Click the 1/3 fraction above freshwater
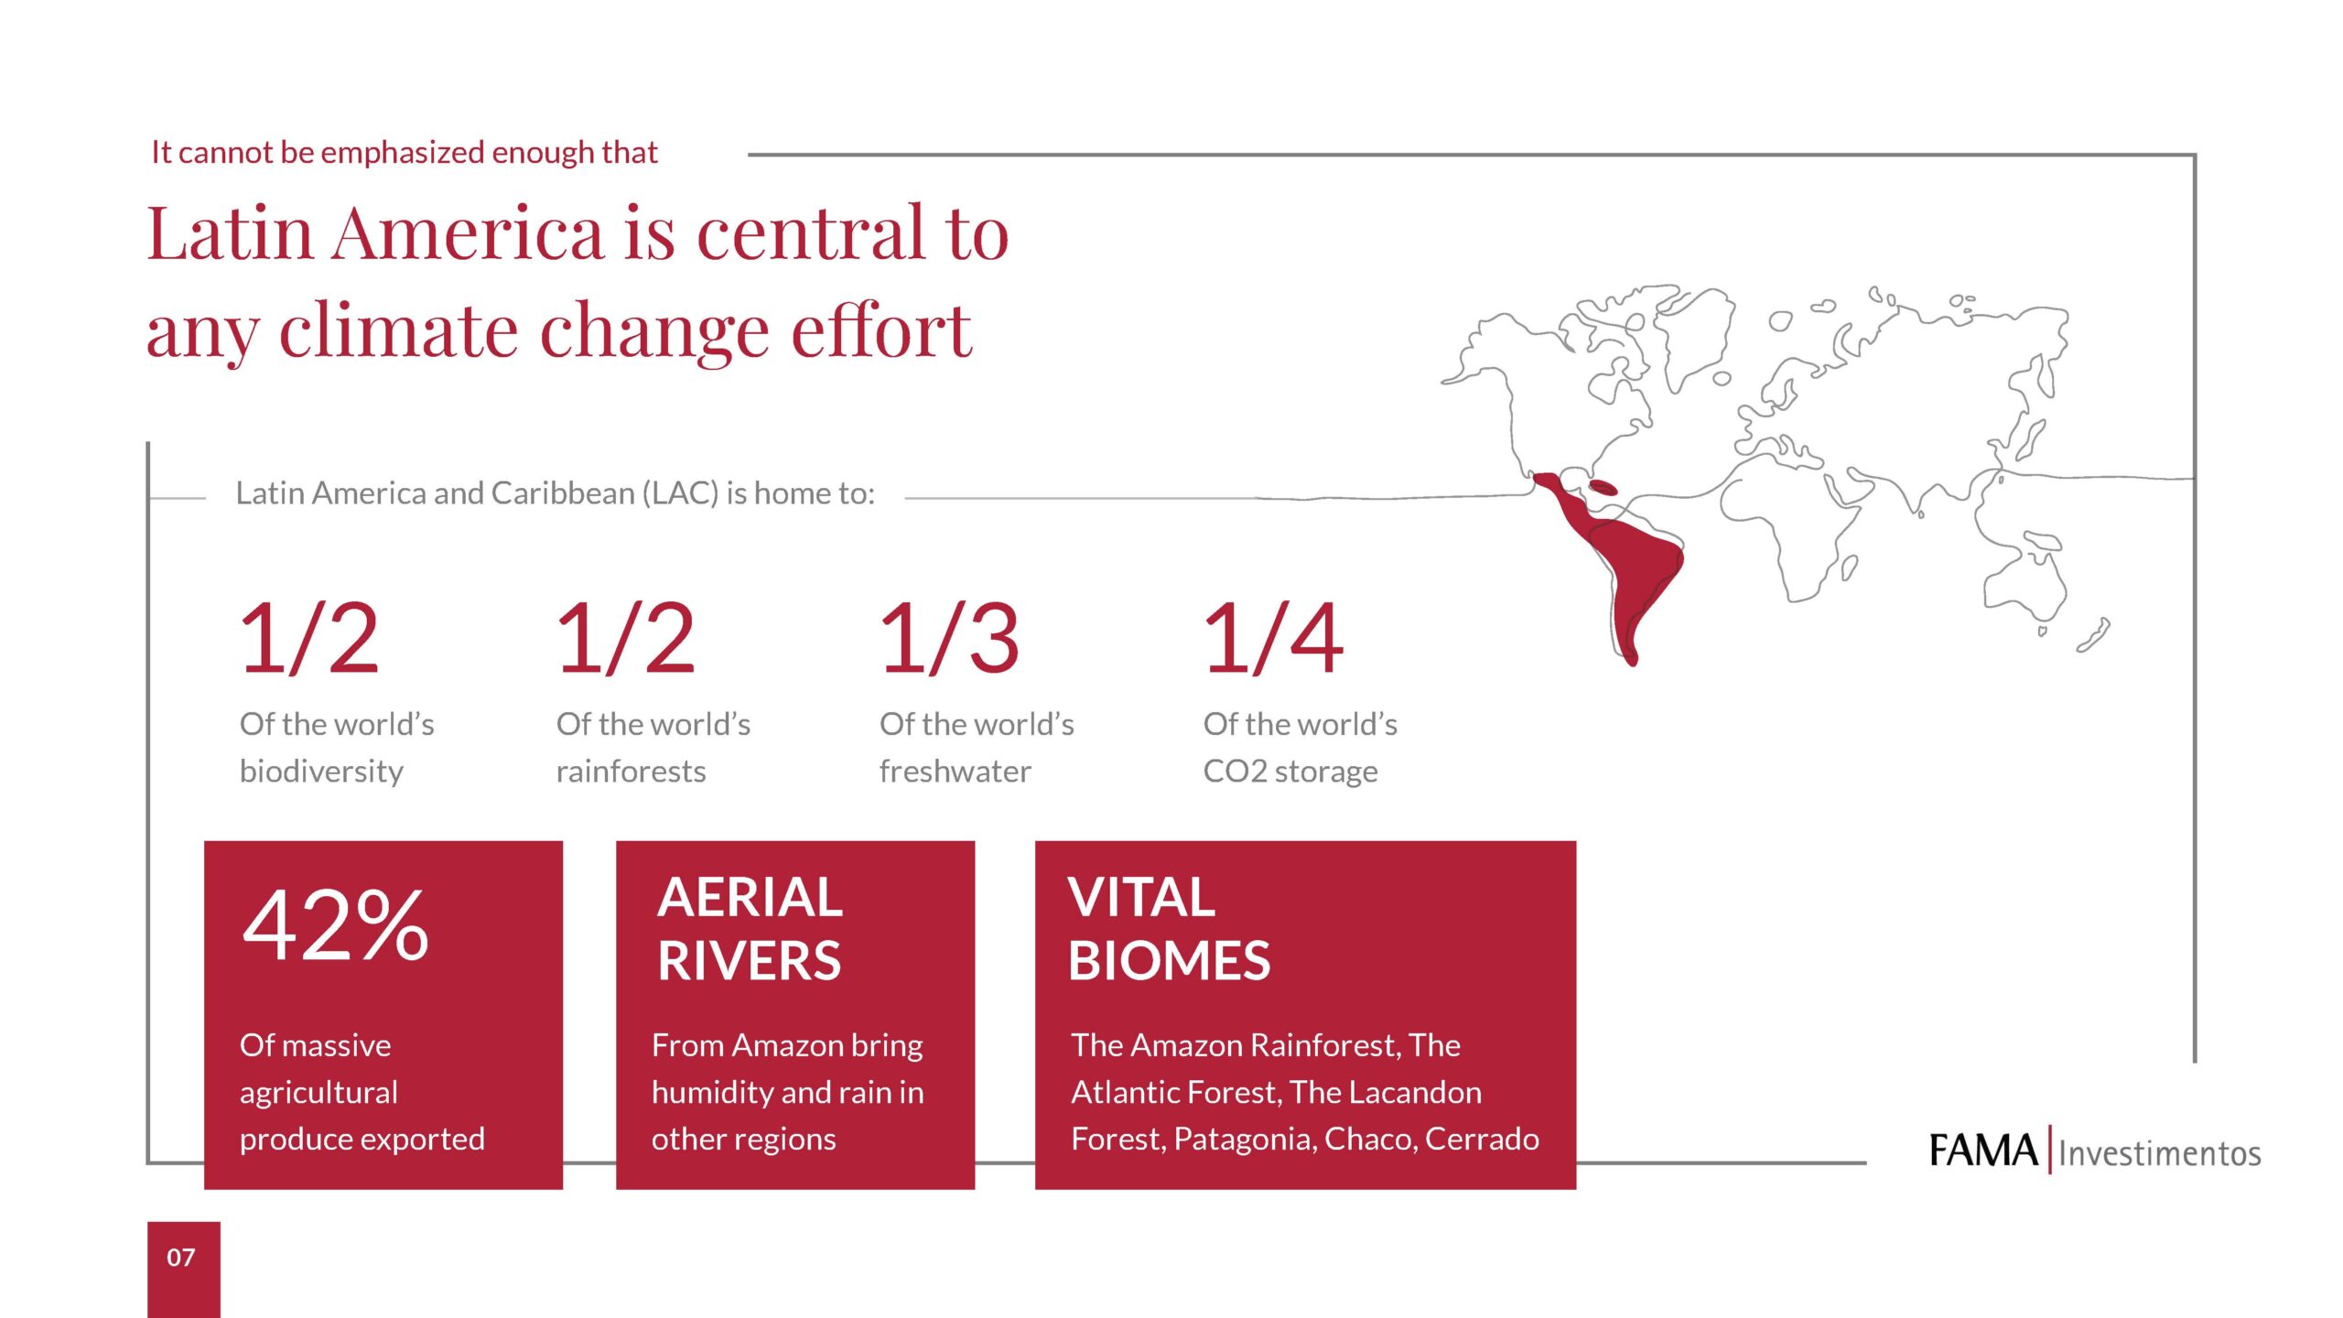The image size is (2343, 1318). tap(949, 639)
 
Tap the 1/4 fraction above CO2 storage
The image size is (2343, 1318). tap(1273, 639)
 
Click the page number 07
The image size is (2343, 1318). tap(181, 1258)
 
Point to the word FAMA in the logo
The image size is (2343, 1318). tap(1982, 1151)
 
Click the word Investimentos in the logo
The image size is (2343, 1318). tap(2160, 1153)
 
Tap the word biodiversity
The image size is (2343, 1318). tap(321, 772)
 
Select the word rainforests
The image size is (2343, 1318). tap(631, 772)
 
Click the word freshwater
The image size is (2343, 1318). tap(955, 772)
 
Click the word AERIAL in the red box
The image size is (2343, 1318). tap(750, 897)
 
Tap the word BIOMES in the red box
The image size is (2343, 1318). tap(1169, 961)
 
